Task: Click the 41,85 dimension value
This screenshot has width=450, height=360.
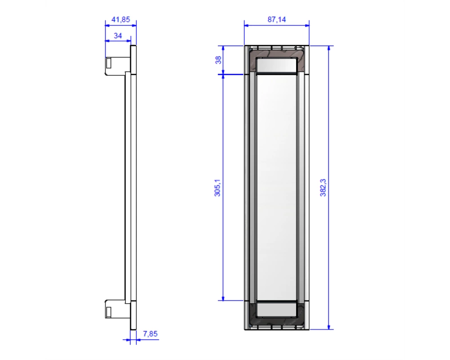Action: point(121,19)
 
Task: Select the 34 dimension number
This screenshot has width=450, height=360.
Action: point(117,36)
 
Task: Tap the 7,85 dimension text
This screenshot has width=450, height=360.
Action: point(150,333)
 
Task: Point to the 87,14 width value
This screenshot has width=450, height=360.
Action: point(277,19)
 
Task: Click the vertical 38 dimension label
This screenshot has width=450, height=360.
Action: point(218,60)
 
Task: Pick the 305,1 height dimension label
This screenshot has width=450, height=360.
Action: point(217,188)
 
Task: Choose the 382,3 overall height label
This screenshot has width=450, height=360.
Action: point(323,188)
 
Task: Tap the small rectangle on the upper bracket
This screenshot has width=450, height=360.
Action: point(109,63)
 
